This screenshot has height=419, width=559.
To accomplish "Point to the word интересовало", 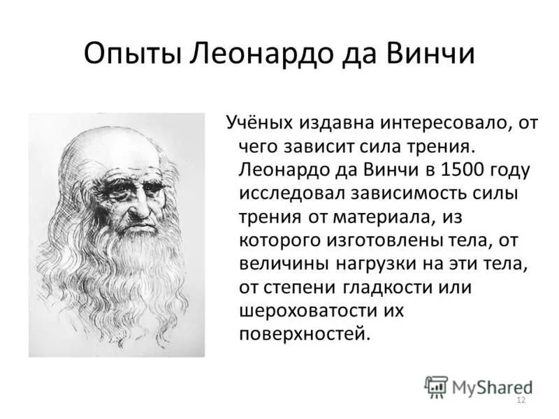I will (x=438, y=123).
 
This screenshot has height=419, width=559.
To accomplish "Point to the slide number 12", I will (x=520, y=400).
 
